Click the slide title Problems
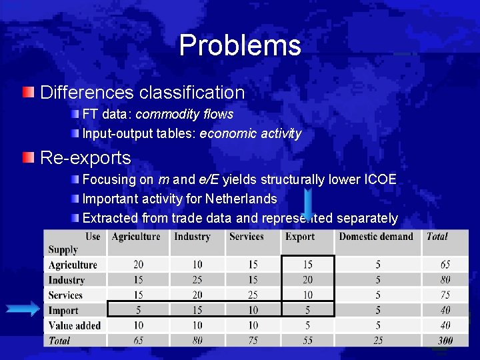(240, 45)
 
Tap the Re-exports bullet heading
(86, 157)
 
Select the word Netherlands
(241, 199)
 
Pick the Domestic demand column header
(376, 237)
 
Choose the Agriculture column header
(136, 237)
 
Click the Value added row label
(74, 325)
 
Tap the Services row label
(65, 295)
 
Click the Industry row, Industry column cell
(197, 280)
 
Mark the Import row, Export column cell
(307, 309)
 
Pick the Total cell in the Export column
(307, 340)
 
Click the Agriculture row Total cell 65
(445, 265)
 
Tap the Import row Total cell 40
(445, 309)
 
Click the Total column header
(437, 237)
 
